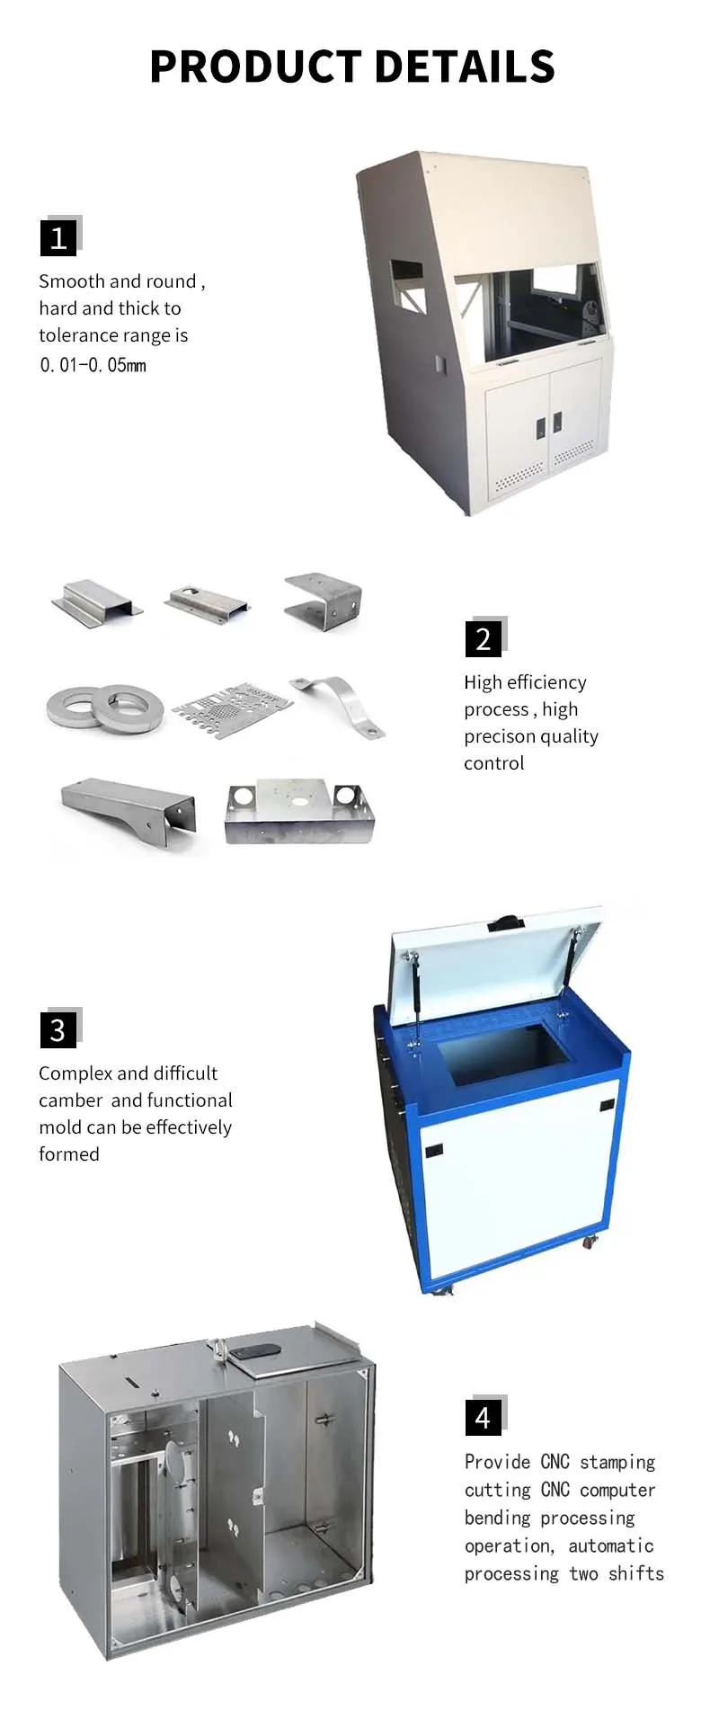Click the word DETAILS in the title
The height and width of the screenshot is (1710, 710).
464,67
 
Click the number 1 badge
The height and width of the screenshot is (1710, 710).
58,238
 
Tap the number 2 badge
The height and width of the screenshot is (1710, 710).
484,639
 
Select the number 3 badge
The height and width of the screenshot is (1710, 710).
58,1030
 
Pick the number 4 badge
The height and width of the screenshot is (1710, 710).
484,1418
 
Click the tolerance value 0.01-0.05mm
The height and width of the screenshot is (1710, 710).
93,365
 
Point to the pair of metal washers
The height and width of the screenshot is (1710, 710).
106,707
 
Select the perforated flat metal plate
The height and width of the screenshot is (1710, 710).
233,708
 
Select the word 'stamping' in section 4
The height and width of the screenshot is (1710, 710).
617,1463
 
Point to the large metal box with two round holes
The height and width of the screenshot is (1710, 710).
298,811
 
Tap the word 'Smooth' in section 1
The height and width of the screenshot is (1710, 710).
71,281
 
